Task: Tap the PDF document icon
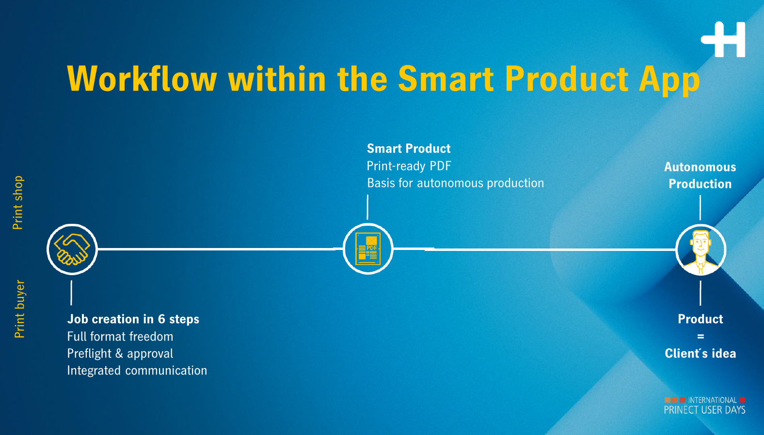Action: (367, 249)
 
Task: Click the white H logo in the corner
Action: (723, 39)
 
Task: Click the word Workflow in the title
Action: (142, 78)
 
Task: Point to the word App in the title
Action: (669, 80)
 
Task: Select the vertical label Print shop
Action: (17, 202)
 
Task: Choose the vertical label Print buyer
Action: (19, 309)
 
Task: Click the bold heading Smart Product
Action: (409, 149)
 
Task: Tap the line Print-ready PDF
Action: (409, 166)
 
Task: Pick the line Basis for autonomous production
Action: (455, 184)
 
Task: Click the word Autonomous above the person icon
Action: (700, 167)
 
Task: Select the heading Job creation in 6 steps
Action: (133, 319)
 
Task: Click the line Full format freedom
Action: (120, 337)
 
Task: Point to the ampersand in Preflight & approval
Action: (119, 354)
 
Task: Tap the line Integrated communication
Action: (137, 371)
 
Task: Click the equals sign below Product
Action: (700, 337)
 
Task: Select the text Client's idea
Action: (700, 354)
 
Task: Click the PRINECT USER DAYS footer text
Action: (705, 410)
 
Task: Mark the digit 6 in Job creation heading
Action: (161, 319)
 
